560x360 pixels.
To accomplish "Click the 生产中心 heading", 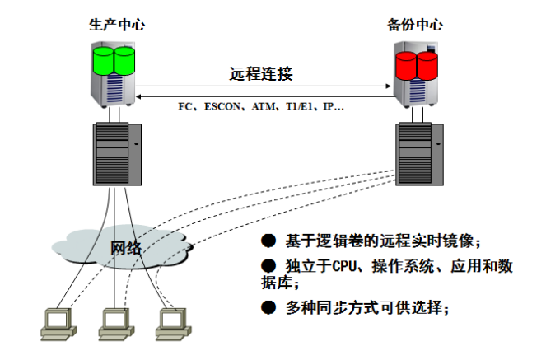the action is (117, 25).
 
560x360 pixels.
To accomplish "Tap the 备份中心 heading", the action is (415, 25).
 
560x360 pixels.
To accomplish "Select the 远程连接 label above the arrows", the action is (261, 73).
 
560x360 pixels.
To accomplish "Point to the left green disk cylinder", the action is (103, 61).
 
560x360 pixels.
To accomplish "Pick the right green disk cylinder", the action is (124, 61).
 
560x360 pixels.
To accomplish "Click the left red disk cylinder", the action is (406, 66).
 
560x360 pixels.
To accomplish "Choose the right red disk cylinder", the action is (427, 66).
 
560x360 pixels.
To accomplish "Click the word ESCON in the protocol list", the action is (222, 106).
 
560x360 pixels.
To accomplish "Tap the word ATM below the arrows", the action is (264, 106).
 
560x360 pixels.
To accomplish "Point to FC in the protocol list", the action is (184, 106).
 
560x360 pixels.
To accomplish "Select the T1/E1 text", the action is (299, 106).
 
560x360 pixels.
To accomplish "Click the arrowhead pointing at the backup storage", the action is (388, 86).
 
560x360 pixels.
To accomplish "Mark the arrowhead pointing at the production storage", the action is (139, 96).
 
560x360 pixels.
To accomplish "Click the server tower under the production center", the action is (117, 154).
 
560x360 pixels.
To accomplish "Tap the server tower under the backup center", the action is (420, 154).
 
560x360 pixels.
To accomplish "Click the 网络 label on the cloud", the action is (126, 248).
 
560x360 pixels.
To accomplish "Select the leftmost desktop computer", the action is (58, 325).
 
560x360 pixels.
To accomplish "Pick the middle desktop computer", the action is (116, 325).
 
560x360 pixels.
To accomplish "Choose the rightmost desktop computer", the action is (174, 325).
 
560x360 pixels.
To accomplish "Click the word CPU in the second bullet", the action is (344, 266).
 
